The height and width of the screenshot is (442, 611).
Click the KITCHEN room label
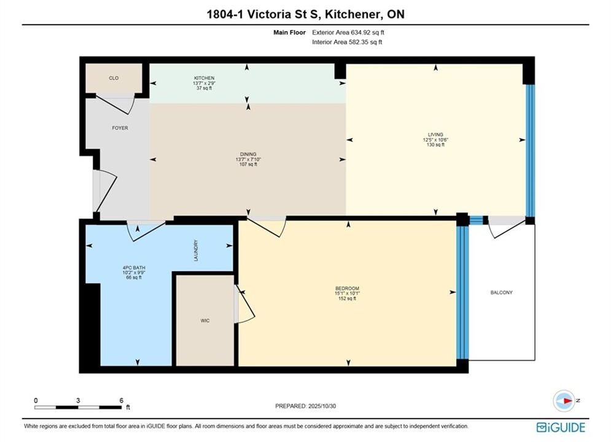coord(204,78)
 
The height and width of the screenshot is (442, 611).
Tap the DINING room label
coord(248,154)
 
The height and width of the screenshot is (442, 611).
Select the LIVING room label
coord(435,134)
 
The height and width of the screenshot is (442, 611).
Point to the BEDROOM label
coord(347,289)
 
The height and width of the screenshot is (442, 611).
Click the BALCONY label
coord(502,292)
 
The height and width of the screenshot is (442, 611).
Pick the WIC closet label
coord(205,321)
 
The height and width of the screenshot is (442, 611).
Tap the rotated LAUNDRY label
coord(196,250)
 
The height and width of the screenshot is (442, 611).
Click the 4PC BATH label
coord(134,268)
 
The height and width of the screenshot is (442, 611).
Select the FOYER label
coord(120,128)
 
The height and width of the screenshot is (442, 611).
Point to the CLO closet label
coord(114,79)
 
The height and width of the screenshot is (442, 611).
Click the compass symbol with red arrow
coord(564,401)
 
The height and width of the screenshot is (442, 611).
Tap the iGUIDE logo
coord(561,427)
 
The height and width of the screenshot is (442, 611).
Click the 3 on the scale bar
coord(79,400)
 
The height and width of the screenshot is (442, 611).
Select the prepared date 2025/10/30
coord(322,406)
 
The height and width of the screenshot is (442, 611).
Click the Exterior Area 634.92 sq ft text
coord(348,33)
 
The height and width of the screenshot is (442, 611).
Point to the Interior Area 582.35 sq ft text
coord(347,42)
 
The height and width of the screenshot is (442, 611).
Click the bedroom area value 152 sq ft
coord(347,299)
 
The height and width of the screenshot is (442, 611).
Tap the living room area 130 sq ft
coord(435,145)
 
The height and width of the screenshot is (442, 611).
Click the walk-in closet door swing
coord(246,304)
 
